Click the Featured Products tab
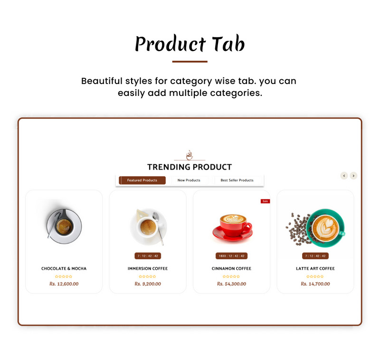[x=142, y=180]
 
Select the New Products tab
[x=189, y=180]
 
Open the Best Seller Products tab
[x=237, y=180]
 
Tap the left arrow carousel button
[x=344, y=176]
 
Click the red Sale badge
[x=265, y=201]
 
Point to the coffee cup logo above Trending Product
[x=190, y=155]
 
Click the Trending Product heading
[x=190, y=167]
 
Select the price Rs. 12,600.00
[x=64, y=284]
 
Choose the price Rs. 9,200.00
[x=148, y=284]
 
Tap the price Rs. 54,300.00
[x=231, y=284]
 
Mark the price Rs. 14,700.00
[x=315, y=284]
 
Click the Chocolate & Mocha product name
[x=64, y=269]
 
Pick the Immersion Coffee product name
[x=148, y=269]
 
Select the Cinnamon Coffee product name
[x=231, y=269]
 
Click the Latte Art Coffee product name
[x=315, y=269]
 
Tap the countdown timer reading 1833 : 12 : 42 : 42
[x=231, y=256]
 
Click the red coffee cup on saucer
[x=232, y=227]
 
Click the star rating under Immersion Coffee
[x=148, y=276]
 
